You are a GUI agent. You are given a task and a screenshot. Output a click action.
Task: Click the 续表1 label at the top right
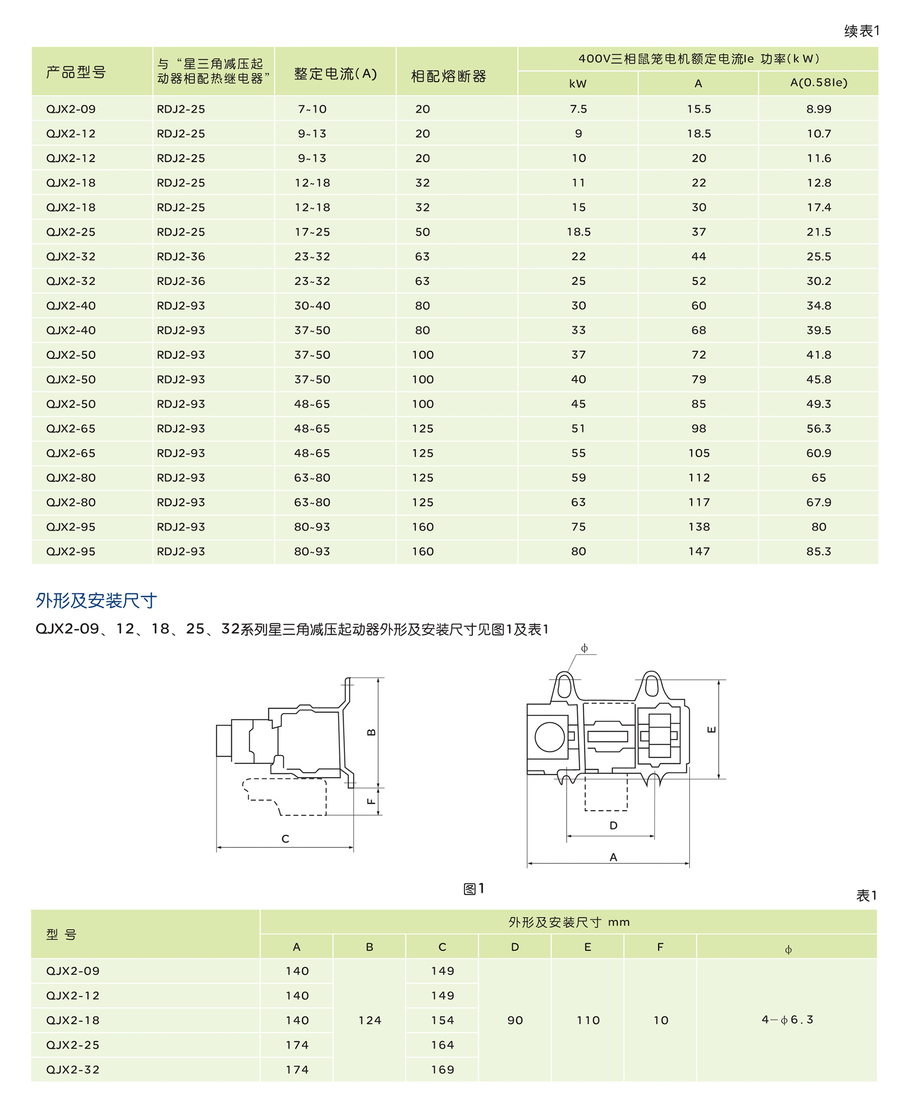coord(861,31)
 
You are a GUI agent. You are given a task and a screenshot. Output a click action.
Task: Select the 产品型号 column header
coord(76,72)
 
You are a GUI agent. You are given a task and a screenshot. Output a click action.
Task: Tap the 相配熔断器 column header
coord(448,76)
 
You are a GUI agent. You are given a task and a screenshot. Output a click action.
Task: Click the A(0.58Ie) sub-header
coord(818,83)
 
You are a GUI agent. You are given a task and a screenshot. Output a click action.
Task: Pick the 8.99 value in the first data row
coord(818,109)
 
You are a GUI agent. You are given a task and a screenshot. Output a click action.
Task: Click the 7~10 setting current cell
coord(312,109)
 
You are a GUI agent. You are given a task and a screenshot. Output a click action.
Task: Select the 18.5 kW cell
coord(578,232)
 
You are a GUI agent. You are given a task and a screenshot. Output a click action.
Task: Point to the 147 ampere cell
coord(698,551)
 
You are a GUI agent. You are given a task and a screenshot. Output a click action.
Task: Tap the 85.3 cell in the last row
coord(818,551)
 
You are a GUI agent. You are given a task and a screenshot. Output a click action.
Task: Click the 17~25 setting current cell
coord(312,232)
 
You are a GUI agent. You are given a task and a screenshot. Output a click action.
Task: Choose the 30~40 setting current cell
coord(312,306)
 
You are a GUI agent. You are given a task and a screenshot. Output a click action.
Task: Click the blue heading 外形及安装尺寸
coord(96,601)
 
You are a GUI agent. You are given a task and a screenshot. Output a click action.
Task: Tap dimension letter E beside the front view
coord(712,729)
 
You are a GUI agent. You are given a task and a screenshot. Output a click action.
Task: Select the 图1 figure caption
coord(473,889)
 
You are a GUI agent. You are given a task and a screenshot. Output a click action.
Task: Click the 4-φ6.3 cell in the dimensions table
coord(787,1019)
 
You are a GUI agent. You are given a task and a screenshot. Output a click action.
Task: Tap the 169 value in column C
coord(442,1069)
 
